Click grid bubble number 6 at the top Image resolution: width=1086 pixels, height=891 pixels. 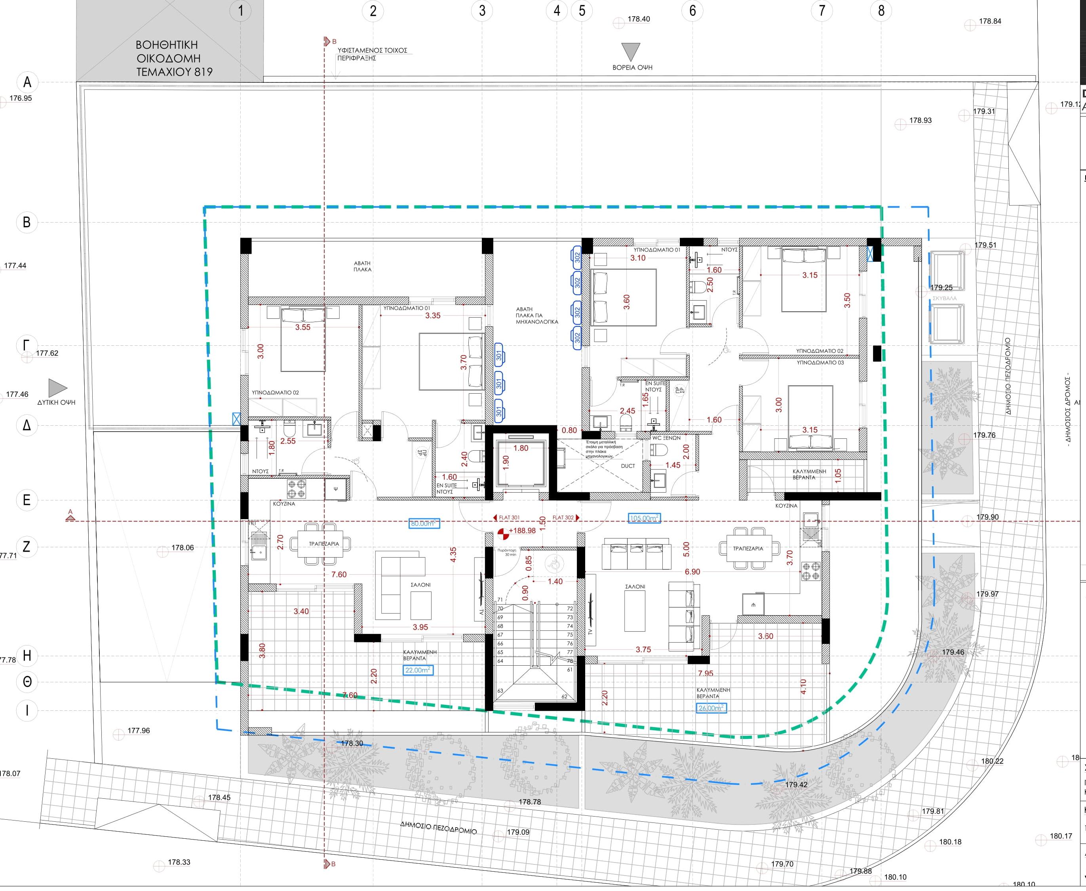coord(692,10)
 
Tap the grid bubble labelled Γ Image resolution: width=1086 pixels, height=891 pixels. coord(27,345)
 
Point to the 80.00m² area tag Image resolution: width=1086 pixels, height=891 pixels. coord(424,524)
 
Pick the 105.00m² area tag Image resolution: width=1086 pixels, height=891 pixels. coord(644,518)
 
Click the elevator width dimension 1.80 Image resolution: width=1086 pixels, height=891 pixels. coord(520,448)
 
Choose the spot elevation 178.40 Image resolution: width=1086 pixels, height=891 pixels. coord(639,19)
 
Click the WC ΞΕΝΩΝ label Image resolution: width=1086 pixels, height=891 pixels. coord(666,438)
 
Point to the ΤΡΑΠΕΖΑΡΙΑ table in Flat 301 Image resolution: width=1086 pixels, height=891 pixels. coord(321,544)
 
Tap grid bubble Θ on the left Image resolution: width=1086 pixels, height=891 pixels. coord(27,682)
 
